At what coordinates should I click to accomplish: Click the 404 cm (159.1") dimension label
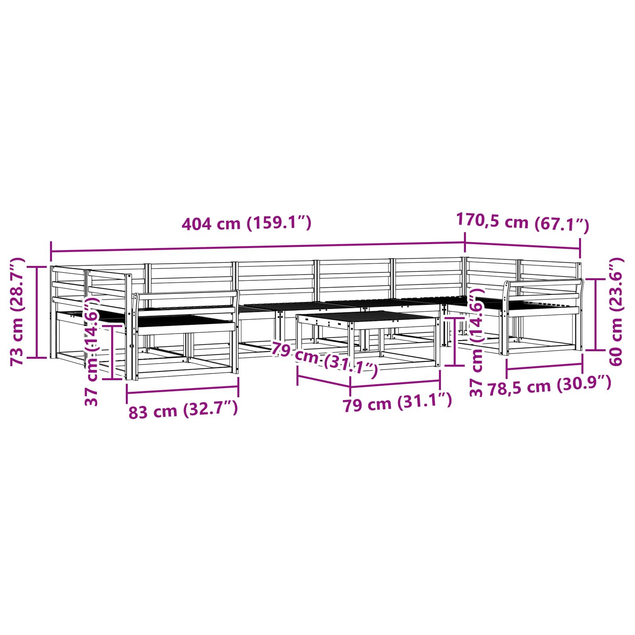point(246,223)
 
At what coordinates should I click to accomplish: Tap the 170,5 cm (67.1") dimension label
point(523,222)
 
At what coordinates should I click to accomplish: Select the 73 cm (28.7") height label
point(17,312)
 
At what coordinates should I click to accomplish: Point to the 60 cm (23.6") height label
point(616,312)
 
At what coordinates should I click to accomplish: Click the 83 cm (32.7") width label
point(183,410)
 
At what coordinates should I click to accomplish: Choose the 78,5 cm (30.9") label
point(549,385)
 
